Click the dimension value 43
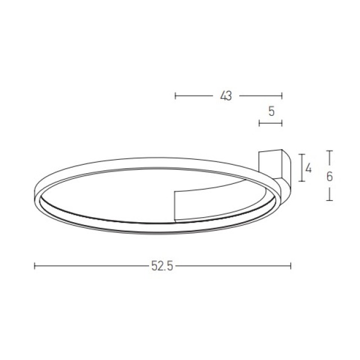pyautogui.click(x=226, y=96)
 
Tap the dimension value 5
pyautogui.click(x=271, y=111)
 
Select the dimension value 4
pyautogui.click(x=309, y=169)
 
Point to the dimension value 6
pyautogui.click(x=330, y=177)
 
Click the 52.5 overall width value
pyautogui.click(x=162, y=266)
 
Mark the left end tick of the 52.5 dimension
pyautogui.click(x=34, y=266)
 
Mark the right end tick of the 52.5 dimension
pyautogui.click(x=291, y=266)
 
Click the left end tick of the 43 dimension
pyautogui.click(x=175, y=96)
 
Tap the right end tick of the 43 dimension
pyautogui.click(x=282, y=96)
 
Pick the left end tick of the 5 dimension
pyautogui.click(x=259, y=123)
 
